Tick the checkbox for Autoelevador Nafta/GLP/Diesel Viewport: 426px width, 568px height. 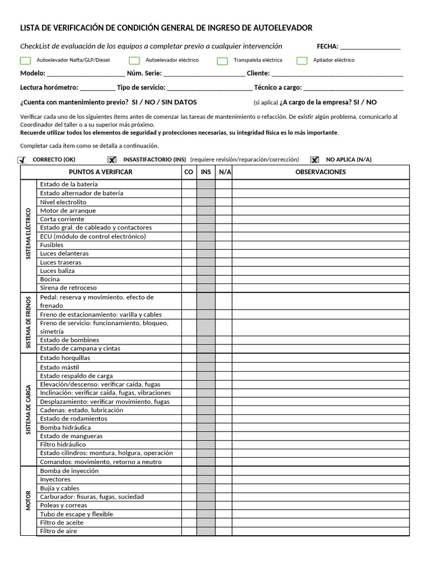(x=25, y=60)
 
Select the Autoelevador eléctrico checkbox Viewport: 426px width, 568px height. (x=134, y=60)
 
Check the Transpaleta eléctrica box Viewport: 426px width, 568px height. (x=222, y=60)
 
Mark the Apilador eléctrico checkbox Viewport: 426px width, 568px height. (x=302, y=60)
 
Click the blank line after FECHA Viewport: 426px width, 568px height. (x=370, y=47)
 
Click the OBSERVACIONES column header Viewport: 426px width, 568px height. (x=321, y=172)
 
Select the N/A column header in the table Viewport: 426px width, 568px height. (x=224, y=172)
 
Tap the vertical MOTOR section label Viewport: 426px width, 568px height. (x=29, y=501)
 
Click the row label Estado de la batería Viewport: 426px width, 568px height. (x=69, y=184)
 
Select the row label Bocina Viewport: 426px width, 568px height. (x=50, y=280)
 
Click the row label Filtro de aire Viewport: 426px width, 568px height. (x=59, y=531)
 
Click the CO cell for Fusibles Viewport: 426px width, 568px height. (x=189, y=245)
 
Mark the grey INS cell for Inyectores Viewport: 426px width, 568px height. (x=206, y=479)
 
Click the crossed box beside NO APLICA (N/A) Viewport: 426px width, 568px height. (x=315, y=160)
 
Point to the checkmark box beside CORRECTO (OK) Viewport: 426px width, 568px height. (x=23, y=160)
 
